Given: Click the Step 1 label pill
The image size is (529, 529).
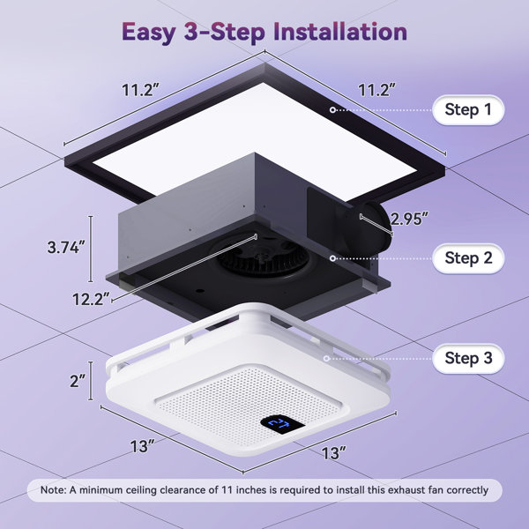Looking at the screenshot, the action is click(468, 110).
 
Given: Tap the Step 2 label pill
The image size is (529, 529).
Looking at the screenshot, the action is click(468, 258).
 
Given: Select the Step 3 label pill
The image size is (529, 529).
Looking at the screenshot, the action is click(468, 358).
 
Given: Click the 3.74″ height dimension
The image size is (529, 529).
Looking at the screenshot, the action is click(63, 247).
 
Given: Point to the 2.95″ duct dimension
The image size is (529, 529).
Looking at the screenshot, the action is click(410, 219).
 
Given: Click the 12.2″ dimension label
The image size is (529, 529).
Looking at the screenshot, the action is click(92, 299).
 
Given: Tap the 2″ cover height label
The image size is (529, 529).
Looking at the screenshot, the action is click(78, 381).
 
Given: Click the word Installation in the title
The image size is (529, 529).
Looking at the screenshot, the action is click(340, 32).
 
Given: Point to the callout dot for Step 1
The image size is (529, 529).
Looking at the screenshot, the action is click(332, 110).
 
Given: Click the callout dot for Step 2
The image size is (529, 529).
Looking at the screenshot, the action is click(332, 258).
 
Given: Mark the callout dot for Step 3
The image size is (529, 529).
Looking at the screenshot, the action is click(326, 358).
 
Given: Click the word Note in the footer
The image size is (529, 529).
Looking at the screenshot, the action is click(53, 490).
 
